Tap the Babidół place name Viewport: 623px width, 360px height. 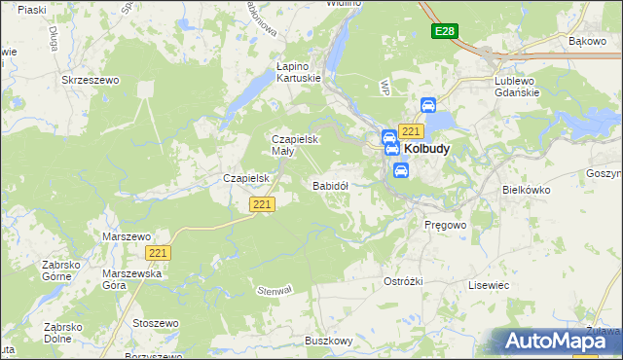(330, 185)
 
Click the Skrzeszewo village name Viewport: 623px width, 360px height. (90, 81)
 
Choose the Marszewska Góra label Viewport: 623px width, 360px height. (128, 280)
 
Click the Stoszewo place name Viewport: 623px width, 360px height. (157, 322)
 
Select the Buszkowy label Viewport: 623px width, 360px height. (328, 341)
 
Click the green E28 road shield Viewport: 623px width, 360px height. (444, 32)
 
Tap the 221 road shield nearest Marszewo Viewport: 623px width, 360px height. (159, 253)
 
